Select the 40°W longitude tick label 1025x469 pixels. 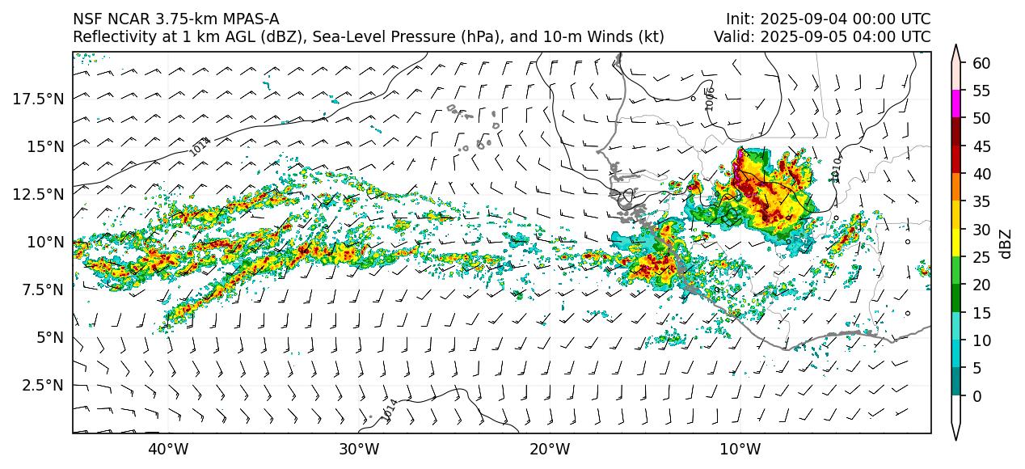click(x=168, y=449)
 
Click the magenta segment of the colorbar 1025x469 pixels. click(x=956, y=104)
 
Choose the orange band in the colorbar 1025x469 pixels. click(x=956, y=187)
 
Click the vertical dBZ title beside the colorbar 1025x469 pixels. click(x=1006, y=243)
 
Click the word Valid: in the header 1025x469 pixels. click(x=732, y=37)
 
